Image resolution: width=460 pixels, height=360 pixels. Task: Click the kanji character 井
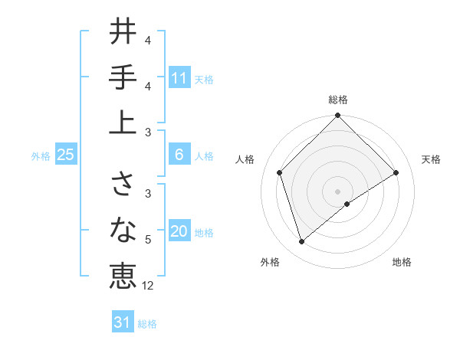123,33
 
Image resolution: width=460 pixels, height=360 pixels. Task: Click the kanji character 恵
123,274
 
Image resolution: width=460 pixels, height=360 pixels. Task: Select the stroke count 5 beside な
148,240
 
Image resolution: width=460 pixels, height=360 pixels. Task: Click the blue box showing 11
179,78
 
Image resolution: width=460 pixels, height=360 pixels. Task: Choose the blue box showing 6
179,155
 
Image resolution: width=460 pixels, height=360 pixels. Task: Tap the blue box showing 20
179,232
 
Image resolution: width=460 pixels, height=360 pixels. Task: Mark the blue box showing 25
65,155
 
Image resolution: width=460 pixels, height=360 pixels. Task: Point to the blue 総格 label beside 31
147,324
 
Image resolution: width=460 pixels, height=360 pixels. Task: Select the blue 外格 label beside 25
41,156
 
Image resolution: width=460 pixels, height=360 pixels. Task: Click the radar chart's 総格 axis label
338,100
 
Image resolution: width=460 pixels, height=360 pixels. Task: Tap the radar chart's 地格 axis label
402,262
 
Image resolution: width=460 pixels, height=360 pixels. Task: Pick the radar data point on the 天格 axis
396,173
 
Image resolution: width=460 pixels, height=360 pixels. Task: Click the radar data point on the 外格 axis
302,242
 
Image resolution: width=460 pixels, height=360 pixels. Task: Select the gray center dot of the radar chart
338,191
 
